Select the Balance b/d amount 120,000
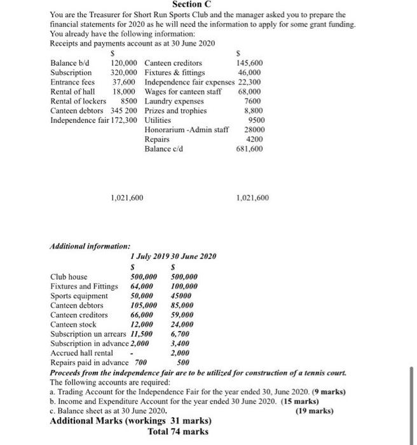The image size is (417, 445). click(x=125, y=63)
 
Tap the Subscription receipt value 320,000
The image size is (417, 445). click(x=125, y=72)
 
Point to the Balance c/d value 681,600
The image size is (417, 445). click(x=249, y=149)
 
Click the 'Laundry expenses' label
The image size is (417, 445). click(x=174, y=101)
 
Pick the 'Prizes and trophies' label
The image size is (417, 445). click(x=175, y=111)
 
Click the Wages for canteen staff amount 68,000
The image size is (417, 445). click(x=250, y=92)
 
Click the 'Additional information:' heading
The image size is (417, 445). click(x=90, y=246)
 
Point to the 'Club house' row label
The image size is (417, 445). click(x=69, y=277)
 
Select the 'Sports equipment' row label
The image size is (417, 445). click(x=79, y=296)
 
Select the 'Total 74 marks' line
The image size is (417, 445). click(x=177, y=432)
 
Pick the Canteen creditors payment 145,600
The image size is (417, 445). click(x=249, y=63)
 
